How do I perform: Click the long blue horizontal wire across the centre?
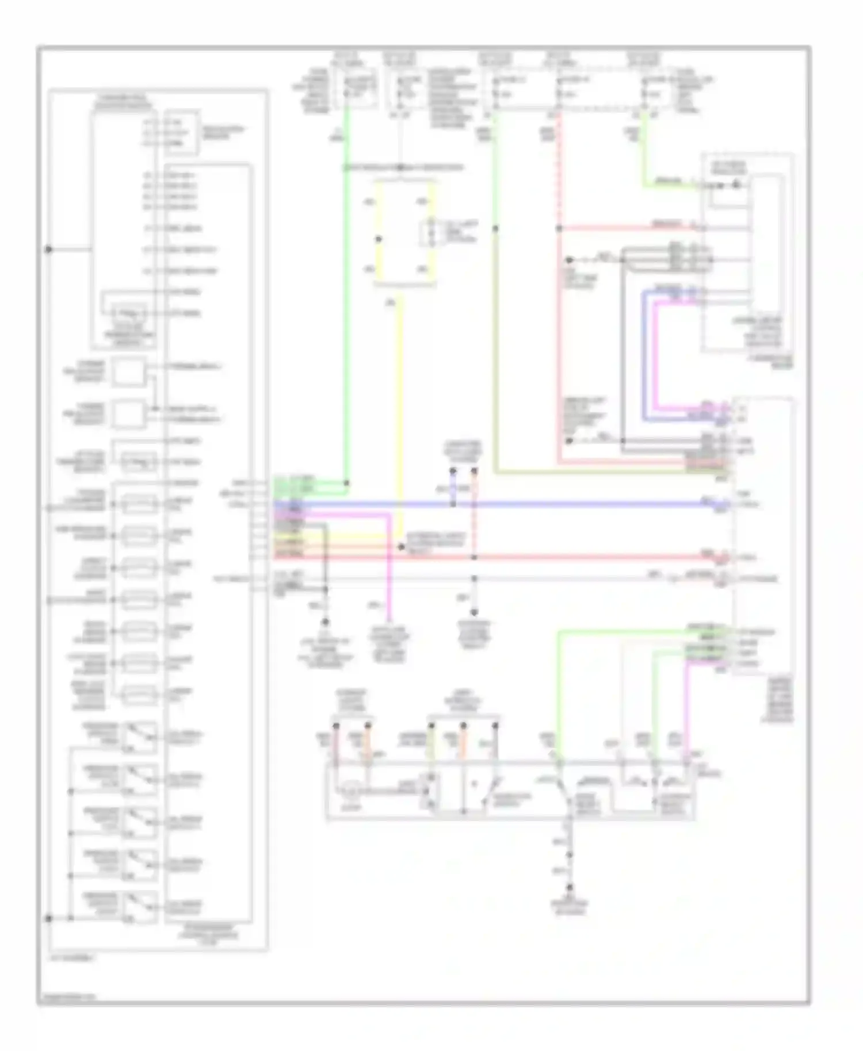pos(575,505)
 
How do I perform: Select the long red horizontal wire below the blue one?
pos(575,557)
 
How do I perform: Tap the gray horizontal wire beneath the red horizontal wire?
pos(575,577)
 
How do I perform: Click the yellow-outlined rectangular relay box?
pos(404,233)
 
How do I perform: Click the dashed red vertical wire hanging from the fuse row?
pos(558,172)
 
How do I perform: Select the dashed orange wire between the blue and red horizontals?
pos(474,517)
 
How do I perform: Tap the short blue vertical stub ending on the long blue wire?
pos(453,489)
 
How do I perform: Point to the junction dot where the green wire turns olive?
pos(495,228)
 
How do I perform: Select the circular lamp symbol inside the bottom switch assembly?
pos(350,792)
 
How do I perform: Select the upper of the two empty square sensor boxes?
pos(128,371)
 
